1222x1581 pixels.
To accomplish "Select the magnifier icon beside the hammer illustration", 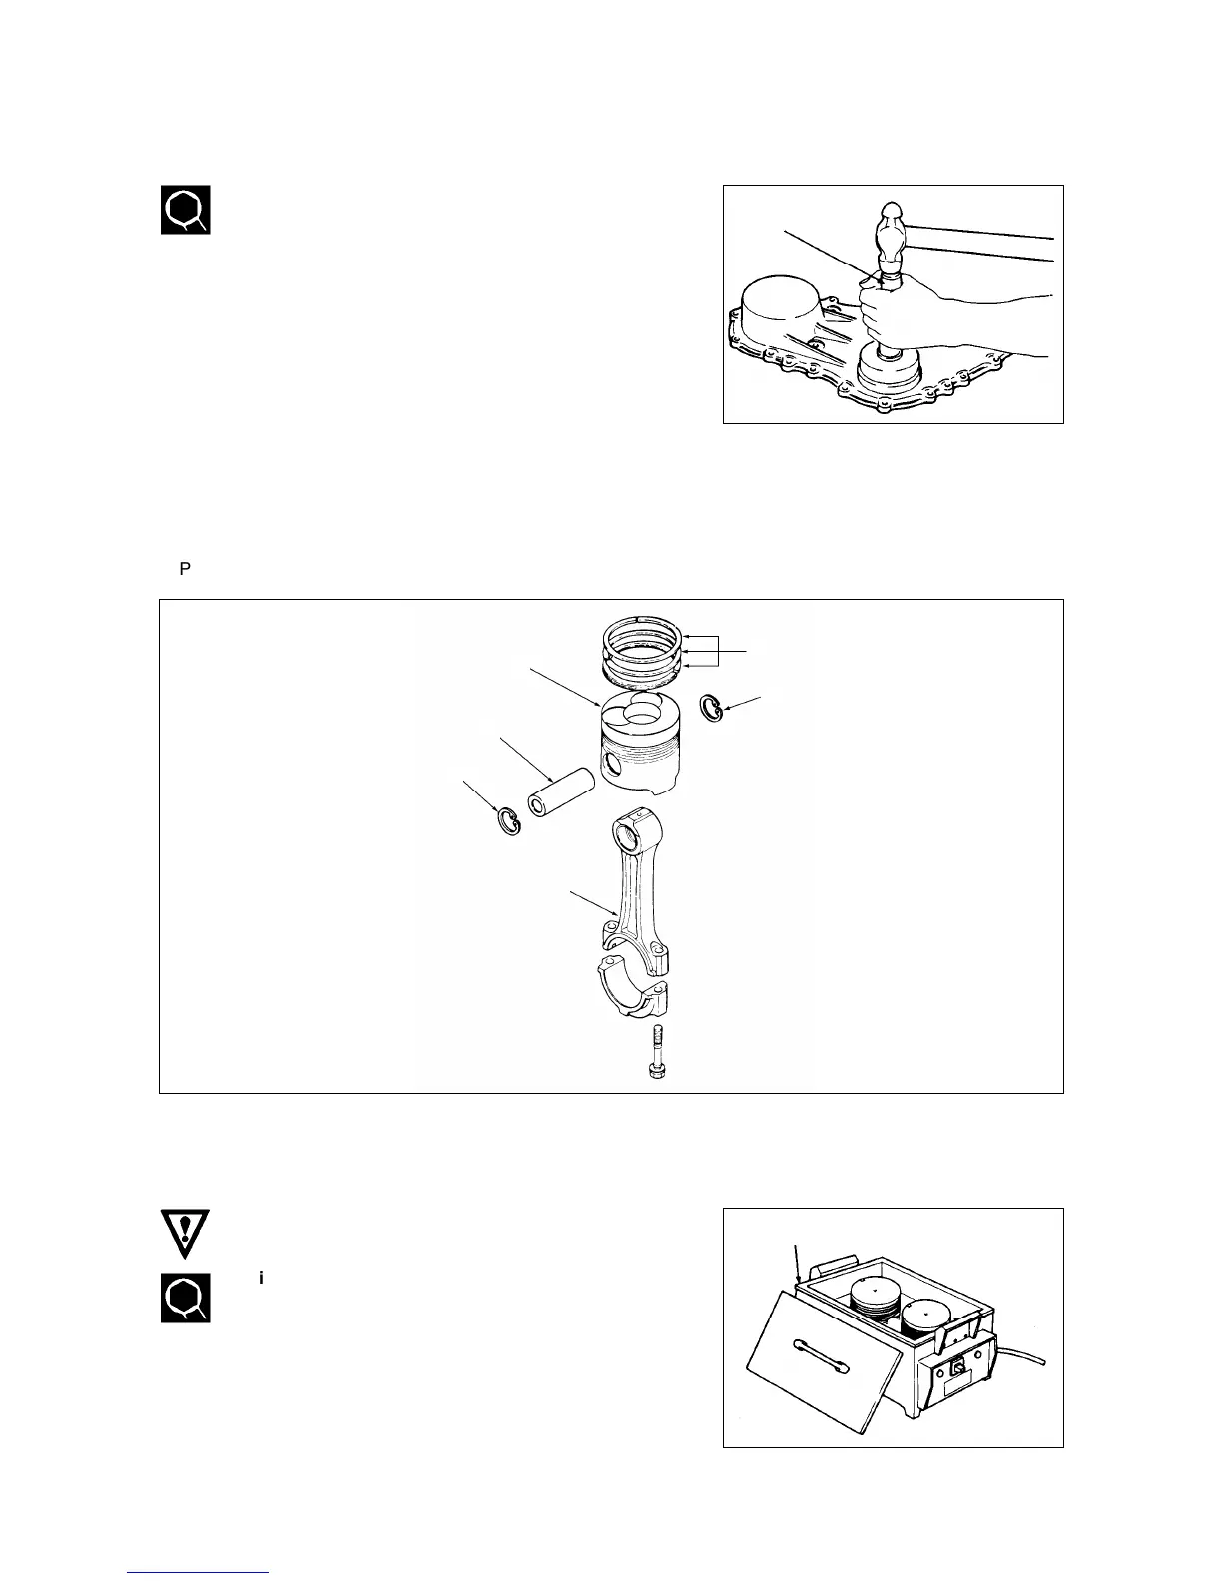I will point(186,210).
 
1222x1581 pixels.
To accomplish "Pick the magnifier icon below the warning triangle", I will point(186,1298).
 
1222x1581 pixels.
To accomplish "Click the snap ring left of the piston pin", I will point(509,821).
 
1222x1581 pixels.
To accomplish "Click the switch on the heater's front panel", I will point(956,1369).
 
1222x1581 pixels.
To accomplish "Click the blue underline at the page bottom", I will point(199,1572).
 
